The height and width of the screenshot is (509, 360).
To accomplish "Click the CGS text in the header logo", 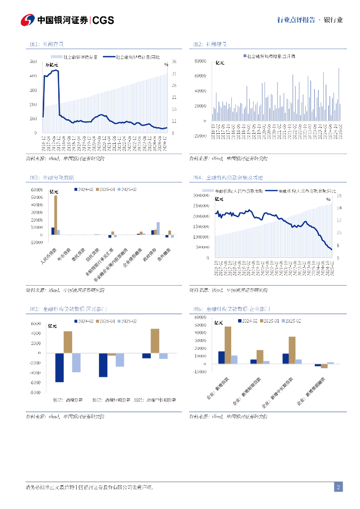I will [103, 20].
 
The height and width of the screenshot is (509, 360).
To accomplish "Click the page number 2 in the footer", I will [338, 487].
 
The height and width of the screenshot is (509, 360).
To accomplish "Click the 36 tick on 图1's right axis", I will [174, 62].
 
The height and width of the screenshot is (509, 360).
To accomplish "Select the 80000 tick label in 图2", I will [200, 61].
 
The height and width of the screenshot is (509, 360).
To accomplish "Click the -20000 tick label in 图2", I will [200, 136].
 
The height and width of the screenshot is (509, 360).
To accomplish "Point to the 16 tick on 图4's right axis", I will [339, 195].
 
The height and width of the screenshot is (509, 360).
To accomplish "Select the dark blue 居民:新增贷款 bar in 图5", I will [59, 367].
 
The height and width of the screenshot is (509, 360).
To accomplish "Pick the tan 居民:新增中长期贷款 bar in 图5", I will [155, 340].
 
